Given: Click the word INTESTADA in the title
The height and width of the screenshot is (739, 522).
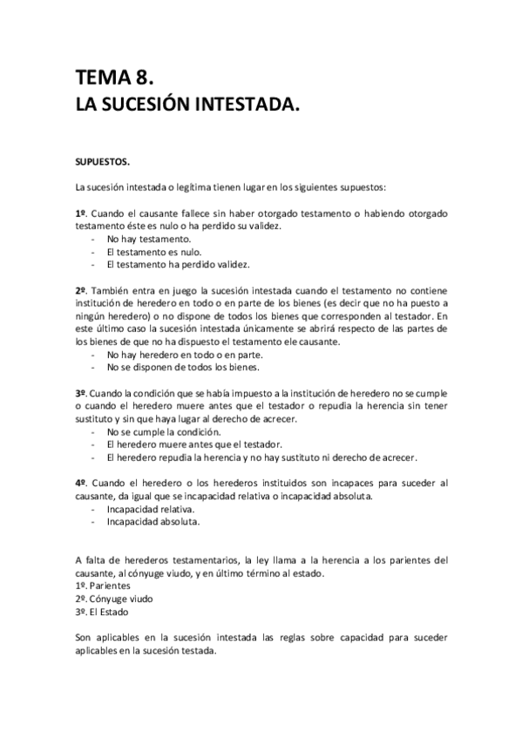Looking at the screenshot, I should click(233, 105).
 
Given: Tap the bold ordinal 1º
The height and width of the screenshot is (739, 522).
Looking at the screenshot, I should click(81, 213).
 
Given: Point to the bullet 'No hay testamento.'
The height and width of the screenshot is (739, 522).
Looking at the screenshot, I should click(149, 239).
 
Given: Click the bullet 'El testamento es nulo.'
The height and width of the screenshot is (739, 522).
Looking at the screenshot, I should click(154, 252).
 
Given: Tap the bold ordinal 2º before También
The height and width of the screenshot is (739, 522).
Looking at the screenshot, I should click(81, 290).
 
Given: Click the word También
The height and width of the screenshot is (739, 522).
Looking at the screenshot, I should click(114, 290).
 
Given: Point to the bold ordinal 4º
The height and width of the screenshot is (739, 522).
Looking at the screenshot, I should click(81, 483).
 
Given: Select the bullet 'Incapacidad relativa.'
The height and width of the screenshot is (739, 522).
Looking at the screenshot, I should click(151, 509).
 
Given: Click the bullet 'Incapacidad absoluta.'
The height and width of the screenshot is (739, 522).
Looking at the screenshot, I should click(153, 522).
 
